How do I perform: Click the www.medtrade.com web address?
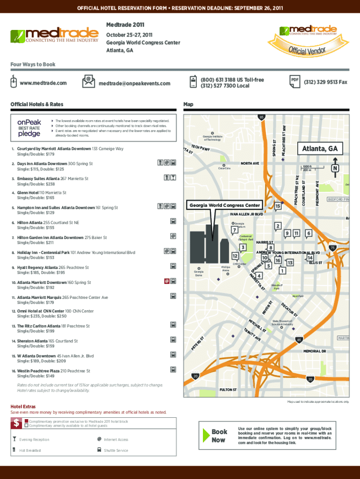click(43, 83)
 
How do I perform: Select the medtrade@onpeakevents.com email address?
click(135, 84)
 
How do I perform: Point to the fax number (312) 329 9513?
click(326, 82)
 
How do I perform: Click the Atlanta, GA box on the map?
click(320, 149)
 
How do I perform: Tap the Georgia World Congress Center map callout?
click(225, 205)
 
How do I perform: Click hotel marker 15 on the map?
click(278, 206)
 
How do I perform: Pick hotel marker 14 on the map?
click(310, 258)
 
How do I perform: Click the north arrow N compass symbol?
click(334, 168)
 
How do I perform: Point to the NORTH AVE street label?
click(250, 164)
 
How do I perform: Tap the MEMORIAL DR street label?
click(317, 351)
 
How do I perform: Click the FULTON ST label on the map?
click(228, 389)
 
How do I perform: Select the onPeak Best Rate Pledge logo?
click(29, 128)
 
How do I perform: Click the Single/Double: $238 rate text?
click(36, 184)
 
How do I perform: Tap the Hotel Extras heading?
click(23, 406)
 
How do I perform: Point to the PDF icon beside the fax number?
click(295, 80)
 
